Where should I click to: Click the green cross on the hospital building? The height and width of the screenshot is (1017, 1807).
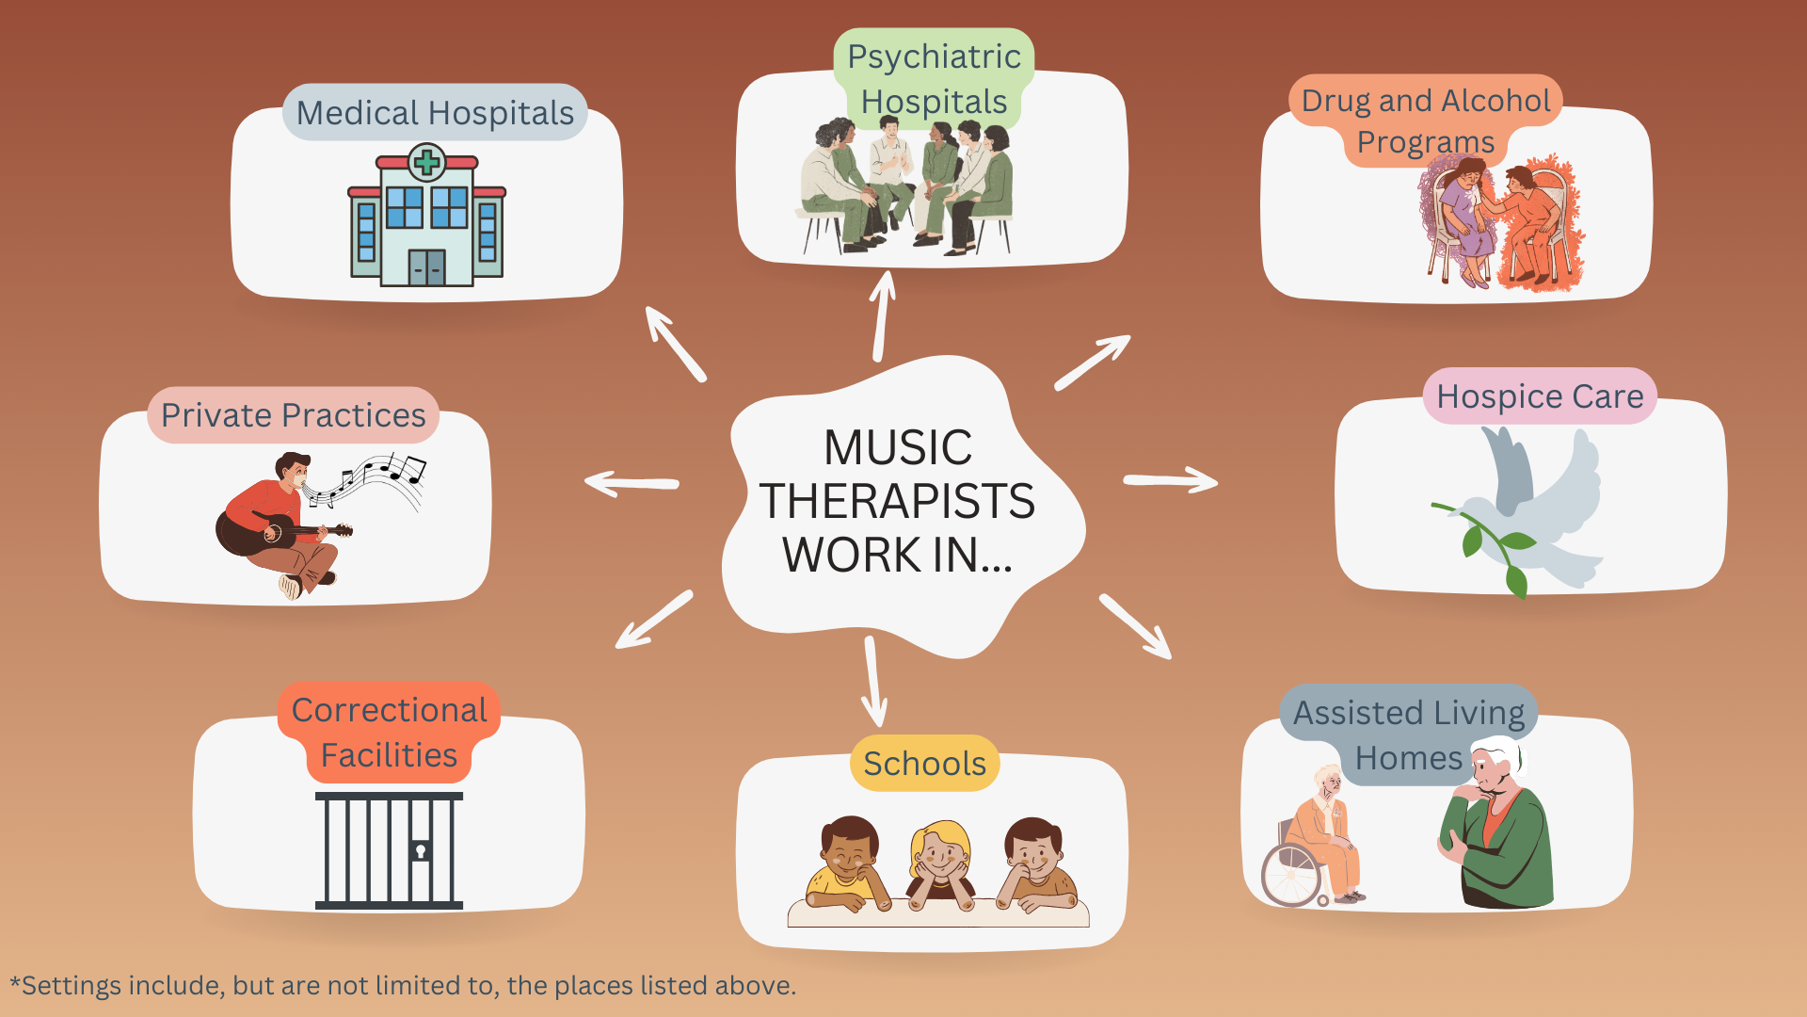click(x=427, y=162)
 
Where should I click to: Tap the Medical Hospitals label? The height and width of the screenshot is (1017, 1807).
click(x=435, y=113)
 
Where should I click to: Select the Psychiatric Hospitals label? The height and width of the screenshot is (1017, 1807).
click(x=934, y=79)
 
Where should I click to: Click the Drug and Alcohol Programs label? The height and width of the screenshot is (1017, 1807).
click(x=1426, y=121)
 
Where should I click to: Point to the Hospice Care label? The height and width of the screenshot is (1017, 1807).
click(x=1540, y=396)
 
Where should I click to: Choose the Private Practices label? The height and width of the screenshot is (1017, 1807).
click(x=294, y=415)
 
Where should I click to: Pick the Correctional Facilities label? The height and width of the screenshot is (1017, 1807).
click(x=389, y=733)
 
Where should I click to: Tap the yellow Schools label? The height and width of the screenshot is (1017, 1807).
click(x=924, y=764)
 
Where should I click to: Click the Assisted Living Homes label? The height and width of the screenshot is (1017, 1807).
click(x=1409, y=735)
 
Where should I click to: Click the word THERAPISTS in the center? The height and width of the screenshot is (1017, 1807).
click(x=897, y=501)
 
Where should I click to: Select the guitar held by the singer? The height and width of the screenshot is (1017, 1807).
click(x=273, y=531)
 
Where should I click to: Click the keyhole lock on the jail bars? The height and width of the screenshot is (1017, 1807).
click(x=421, y=851)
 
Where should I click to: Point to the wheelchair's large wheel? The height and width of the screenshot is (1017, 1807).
click(x=1292, y=875)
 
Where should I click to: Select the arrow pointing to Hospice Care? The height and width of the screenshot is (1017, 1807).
click(x=1171, y=481)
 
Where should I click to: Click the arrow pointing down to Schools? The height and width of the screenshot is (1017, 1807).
click(x=873, y=682)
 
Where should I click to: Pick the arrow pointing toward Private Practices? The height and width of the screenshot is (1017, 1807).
click(x=632, y=484)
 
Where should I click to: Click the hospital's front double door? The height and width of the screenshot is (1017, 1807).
click(x=427, y=267)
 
